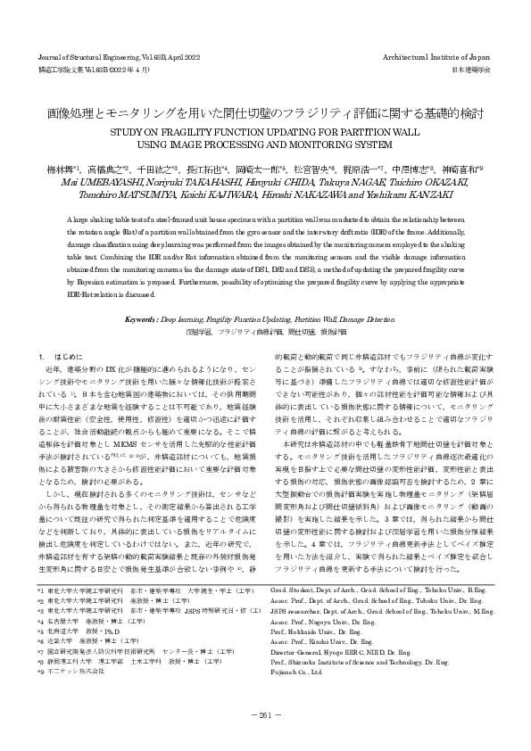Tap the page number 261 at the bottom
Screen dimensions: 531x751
(265, 714)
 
